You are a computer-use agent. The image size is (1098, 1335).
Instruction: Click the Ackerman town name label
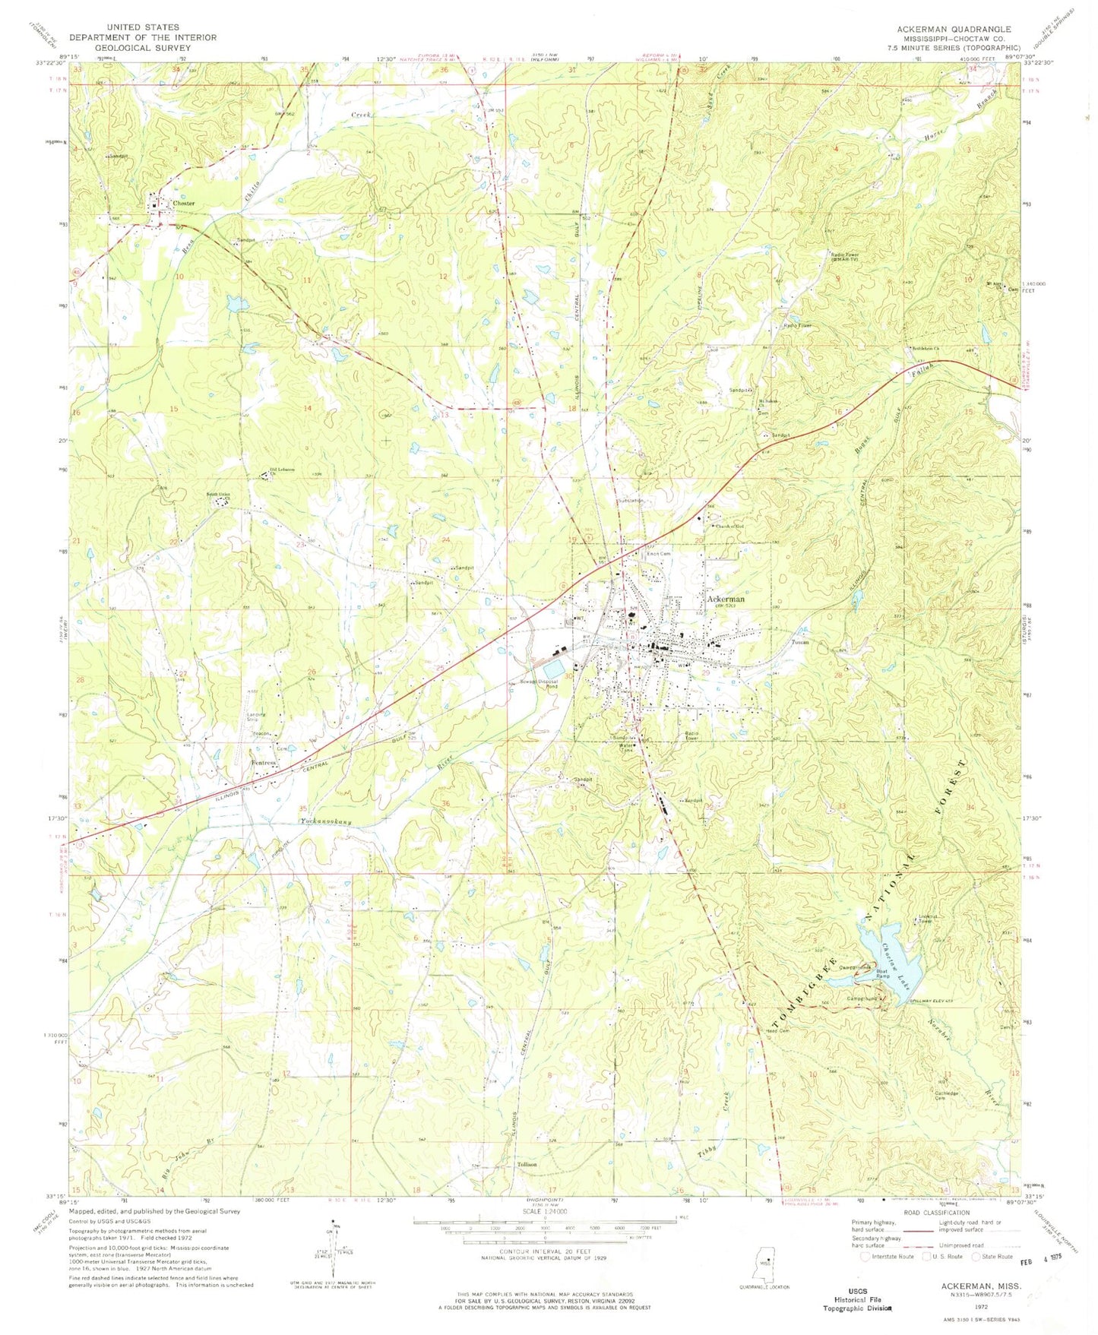pyautogui.click(x=726, y=599)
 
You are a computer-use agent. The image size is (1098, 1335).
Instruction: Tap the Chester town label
pyautogui.click(x=183, y=203)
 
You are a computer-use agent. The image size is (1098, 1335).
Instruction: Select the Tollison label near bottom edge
pyautogui.click(x=527, y=1165)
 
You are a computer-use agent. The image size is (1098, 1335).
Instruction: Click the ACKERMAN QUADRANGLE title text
pyautogui.click(x=954, y=29)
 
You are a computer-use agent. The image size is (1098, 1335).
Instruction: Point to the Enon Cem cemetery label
pyautogui.click(x=658, y=554)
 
